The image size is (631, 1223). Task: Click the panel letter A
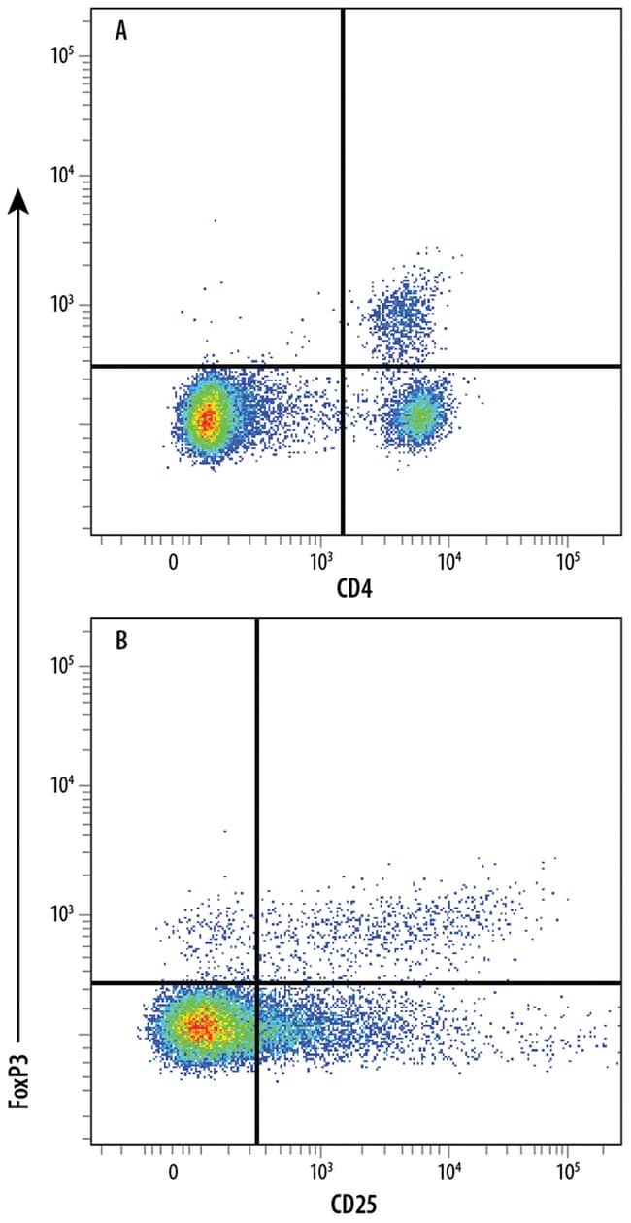click(x=121, y=31)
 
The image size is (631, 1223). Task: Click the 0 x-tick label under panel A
click(x=173, y=560)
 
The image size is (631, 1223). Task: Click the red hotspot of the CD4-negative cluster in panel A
click(x=205, y=418)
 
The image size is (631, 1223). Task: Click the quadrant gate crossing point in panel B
click(x=257, y=983)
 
